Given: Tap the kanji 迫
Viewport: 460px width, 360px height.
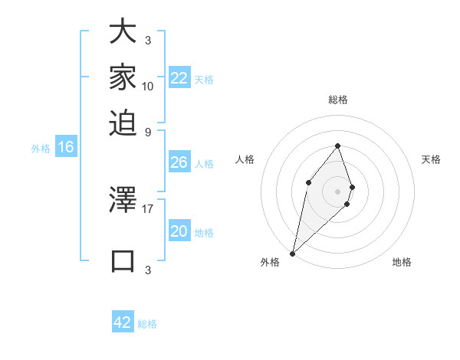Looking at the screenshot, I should (x=123, y=122).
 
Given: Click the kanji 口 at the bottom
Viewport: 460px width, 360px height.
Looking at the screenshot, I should (x=123, y=260).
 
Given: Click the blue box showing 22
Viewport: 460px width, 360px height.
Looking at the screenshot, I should (x=179, y=78).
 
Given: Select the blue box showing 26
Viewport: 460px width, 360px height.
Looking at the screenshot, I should (x=179, y=162).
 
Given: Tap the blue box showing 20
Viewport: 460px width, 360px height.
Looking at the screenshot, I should (x=179, y=231).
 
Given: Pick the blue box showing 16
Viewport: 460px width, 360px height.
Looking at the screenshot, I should (x=66, y=147).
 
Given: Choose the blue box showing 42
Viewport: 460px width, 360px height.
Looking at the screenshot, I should (x=123, y=322).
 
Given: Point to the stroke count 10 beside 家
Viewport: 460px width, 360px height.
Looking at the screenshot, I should (x=148, y=86).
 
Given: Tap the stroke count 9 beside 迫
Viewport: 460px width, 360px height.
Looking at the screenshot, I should (x=148, y=131).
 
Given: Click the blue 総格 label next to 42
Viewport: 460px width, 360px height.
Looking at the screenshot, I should (x=147, y=324).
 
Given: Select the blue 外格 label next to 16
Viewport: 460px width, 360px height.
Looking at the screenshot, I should (x=41, y=149).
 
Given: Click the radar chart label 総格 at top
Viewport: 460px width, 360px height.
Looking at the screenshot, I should (x=338, y=100).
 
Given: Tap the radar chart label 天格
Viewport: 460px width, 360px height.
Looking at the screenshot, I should (x=432, y=159).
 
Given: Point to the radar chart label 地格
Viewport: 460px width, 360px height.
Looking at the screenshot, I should (x=402, y=262).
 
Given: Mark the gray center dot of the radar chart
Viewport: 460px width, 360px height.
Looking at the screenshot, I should (x=337, y=191).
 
